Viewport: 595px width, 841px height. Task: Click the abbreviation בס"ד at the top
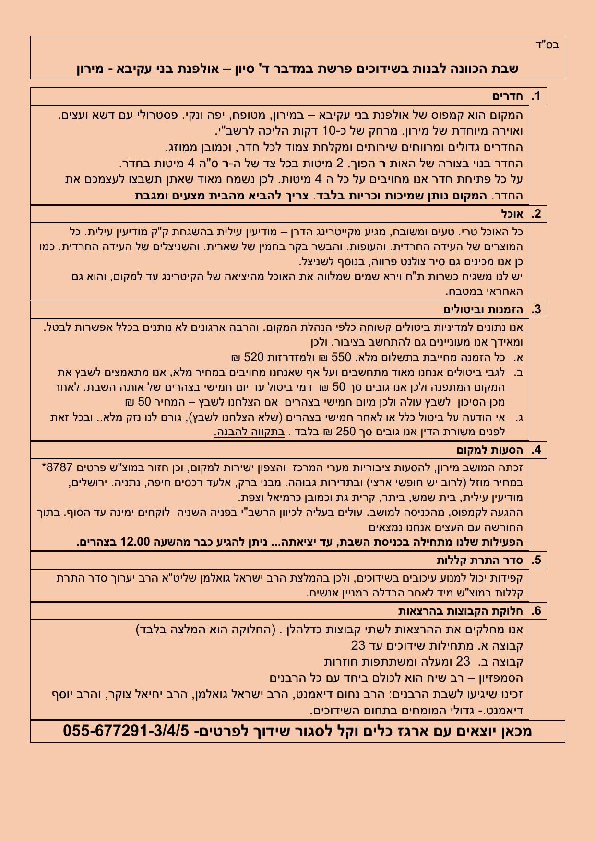547,46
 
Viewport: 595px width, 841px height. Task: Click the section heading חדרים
507,96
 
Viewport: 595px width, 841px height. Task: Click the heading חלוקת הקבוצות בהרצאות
460,611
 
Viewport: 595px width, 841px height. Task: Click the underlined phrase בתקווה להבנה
249,432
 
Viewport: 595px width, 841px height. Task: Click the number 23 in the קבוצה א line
358,645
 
